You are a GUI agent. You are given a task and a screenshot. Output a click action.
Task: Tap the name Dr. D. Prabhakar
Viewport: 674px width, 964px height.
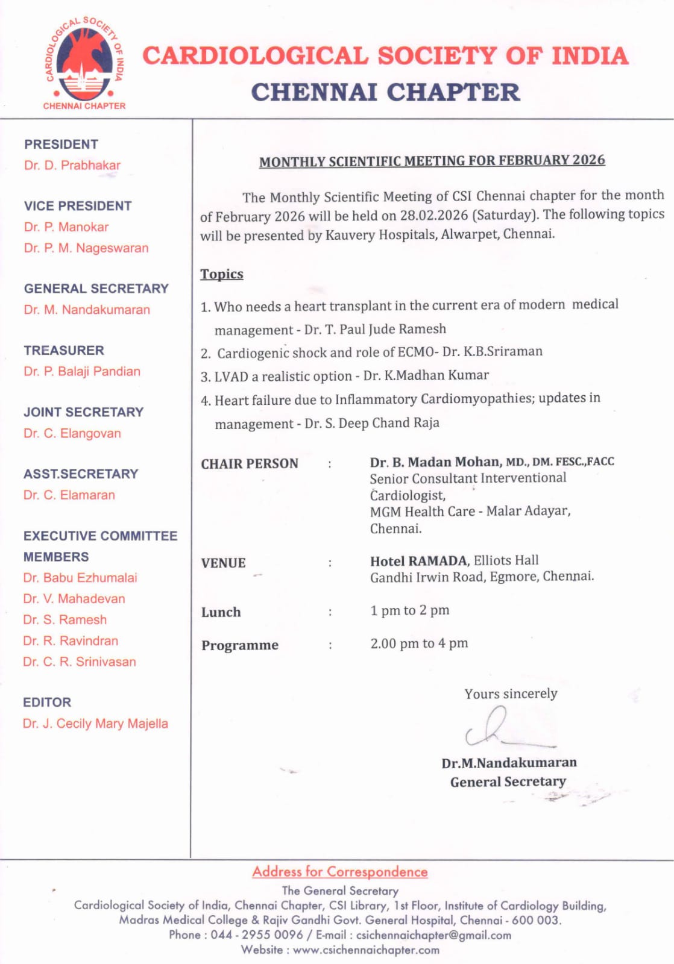coord(72,165)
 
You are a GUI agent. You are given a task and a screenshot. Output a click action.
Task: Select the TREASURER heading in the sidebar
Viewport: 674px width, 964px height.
coord(64,351)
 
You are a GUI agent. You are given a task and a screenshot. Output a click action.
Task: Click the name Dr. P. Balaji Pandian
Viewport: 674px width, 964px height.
coord(82,372)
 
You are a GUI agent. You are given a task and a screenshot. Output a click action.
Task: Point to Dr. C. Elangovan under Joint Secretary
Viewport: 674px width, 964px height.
coord(72,434)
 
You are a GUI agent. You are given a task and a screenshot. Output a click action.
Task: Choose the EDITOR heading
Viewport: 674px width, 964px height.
coord(47,703)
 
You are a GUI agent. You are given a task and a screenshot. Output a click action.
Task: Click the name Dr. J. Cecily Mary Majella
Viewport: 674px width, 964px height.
coord(95,724)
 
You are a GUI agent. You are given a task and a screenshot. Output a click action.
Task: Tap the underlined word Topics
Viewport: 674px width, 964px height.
coord(222,274)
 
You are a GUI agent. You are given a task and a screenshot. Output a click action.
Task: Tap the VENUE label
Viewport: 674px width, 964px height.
coord(224,563)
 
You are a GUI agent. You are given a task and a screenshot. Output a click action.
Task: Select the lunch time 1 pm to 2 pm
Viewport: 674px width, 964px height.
coord(410,610)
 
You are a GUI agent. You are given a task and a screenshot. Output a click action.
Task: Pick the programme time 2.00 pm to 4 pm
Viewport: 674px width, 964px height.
coord(419,643)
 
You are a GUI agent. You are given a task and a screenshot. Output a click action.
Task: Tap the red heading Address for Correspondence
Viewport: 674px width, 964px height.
coord(340,872)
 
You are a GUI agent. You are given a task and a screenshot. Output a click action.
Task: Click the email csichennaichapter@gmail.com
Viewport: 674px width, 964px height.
coord(433,935)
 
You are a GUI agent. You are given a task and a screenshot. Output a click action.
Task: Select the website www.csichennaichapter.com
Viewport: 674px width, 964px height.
coord(366,950)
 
